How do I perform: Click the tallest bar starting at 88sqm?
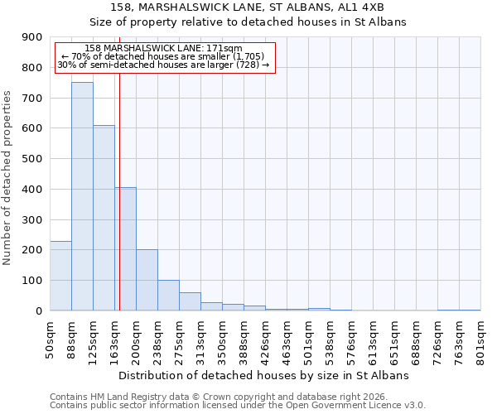click(82, 196)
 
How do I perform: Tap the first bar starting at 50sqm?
click(60, 276)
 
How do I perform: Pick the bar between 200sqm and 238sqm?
click(147, 280)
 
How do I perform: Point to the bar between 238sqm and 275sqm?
click(168, 296)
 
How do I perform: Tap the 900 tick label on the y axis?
click(32, 37)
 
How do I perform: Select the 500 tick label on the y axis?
click(32, 159)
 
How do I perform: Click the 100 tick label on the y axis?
click(32, 281)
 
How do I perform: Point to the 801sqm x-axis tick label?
click(480, 339)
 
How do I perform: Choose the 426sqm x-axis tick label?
click(265, 339)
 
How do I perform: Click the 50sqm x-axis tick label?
click(50, 337)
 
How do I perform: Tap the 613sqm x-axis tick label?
click(373, 339)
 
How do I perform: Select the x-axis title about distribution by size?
click(265, 375)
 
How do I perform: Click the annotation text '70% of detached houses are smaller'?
click(163, 56)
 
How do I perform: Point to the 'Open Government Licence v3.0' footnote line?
click(238, 406)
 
